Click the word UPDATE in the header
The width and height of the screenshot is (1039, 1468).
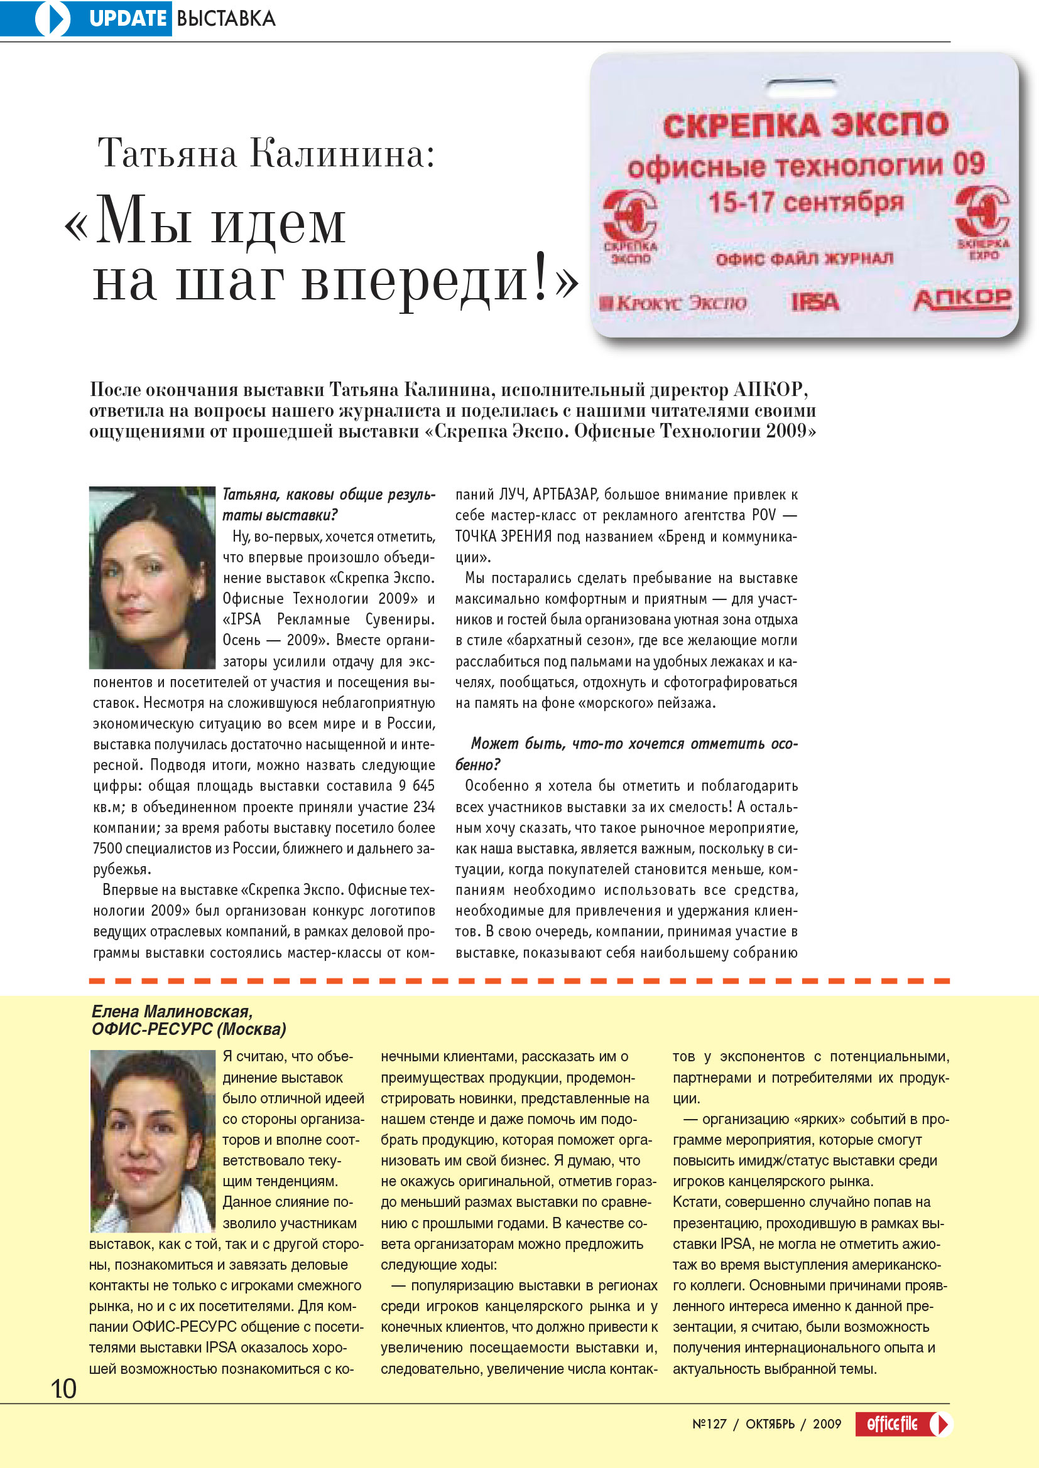click(128, 19)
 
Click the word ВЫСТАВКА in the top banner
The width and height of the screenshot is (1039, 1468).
click(226, 19)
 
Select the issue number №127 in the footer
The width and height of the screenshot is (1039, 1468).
click(709, 1424)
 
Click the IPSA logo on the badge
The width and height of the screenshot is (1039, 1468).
click(815, 302)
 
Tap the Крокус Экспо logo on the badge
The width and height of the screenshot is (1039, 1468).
click(673, 303)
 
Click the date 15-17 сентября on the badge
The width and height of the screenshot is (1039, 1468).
click(805, 203)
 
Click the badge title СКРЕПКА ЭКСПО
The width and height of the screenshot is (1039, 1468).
click(805, 125)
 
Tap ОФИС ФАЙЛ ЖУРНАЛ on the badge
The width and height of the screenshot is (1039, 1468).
click(804, 259)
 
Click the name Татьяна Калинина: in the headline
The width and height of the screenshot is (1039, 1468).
click(266, 153)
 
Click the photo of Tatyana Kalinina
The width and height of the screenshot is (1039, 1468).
click(152, 577)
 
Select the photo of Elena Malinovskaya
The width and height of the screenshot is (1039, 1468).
click(152, 1140)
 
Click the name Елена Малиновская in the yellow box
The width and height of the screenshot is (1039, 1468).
click(171, 1012)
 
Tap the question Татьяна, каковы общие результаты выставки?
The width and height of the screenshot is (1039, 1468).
click(328, 504)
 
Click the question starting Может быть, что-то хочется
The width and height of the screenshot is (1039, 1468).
click(626, 753)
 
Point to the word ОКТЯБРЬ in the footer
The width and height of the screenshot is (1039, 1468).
click(770, 1424)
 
